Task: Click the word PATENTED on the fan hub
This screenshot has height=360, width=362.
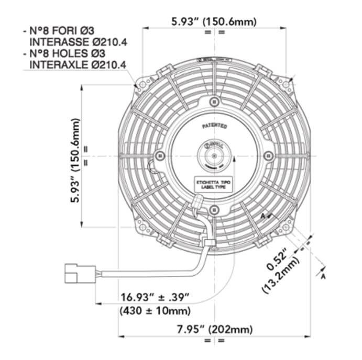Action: tap(214, 127)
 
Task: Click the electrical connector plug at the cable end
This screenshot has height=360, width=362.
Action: tap(79, 273)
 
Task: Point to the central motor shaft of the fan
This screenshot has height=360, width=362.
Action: tap(214, 155)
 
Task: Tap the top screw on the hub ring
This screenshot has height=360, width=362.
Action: tap(214, 101)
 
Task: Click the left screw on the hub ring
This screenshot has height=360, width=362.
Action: tap(160, 155)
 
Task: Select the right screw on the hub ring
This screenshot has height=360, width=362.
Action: tap(268, 155)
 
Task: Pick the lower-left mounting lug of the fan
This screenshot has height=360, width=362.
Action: tap(142, 226)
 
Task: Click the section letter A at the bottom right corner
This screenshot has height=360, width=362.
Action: tap(323, 276)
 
